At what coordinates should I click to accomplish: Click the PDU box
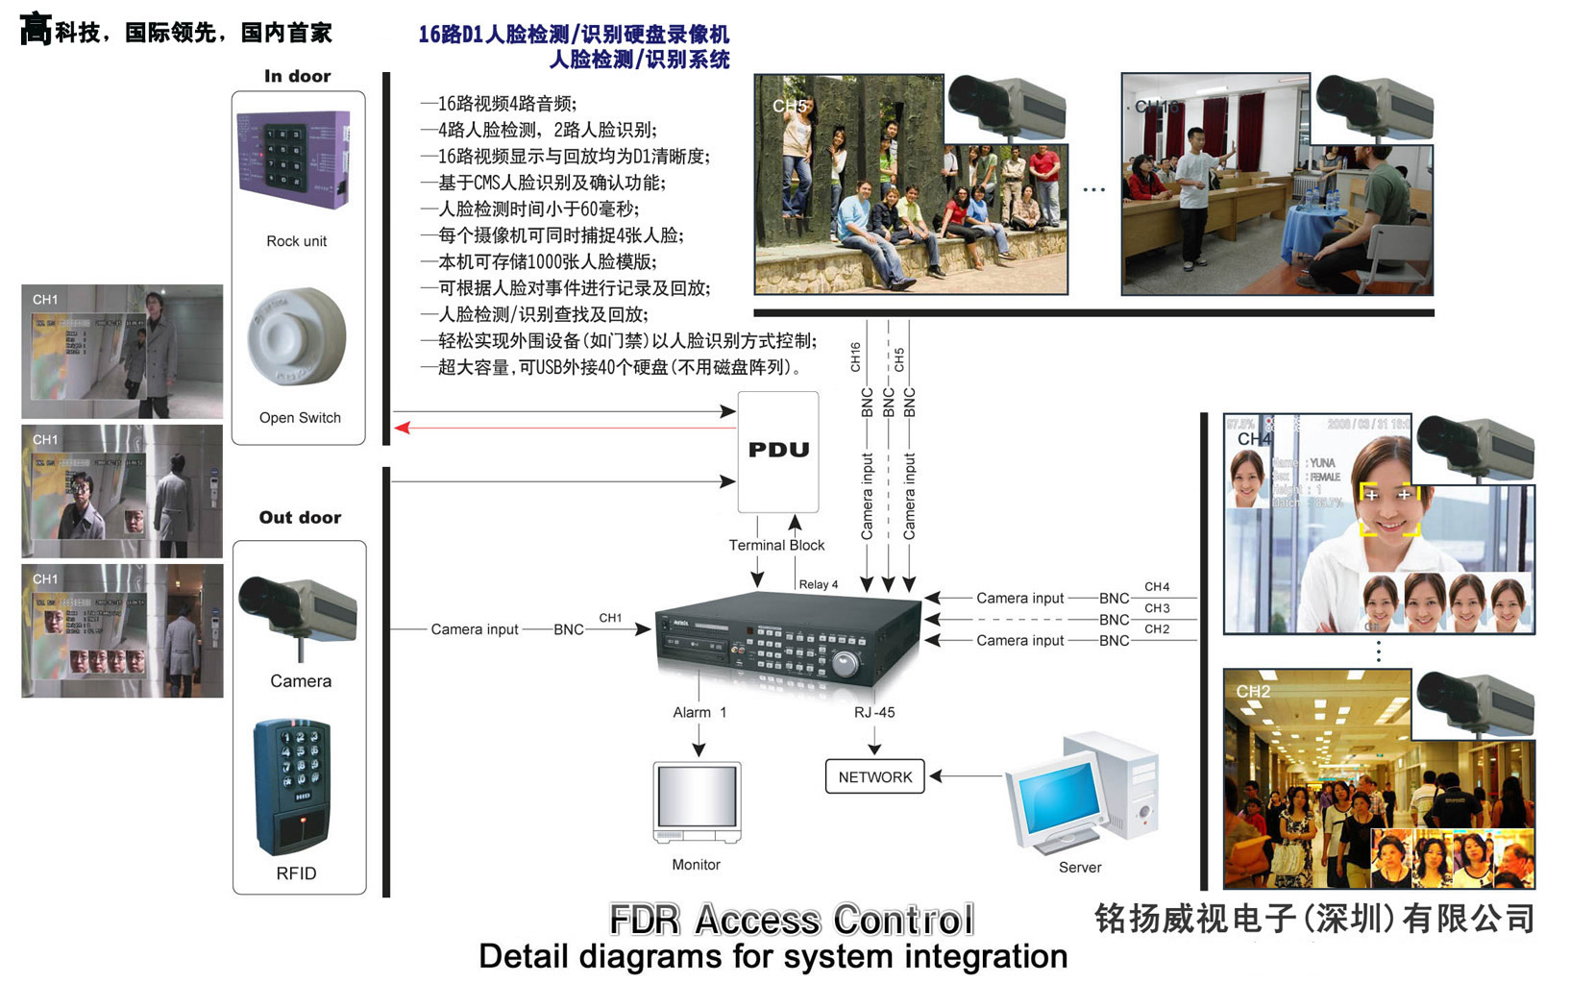778,451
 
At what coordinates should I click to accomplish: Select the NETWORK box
874,776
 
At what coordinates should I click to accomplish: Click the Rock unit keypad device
294,160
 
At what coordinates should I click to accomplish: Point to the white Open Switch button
297,337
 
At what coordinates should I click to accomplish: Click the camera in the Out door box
298,609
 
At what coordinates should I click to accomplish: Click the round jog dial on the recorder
845,664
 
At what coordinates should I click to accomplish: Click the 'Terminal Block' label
776,545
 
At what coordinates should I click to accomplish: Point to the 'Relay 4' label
818,584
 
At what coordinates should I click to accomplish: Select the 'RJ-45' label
874,712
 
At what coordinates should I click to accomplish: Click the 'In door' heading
297,76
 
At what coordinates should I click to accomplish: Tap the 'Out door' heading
300,517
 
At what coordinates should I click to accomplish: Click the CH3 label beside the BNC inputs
1157,608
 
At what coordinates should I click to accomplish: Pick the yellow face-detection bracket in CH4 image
1389,508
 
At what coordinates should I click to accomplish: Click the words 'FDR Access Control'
792,920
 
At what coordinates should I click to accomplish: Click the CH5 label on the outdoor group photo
790,106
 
